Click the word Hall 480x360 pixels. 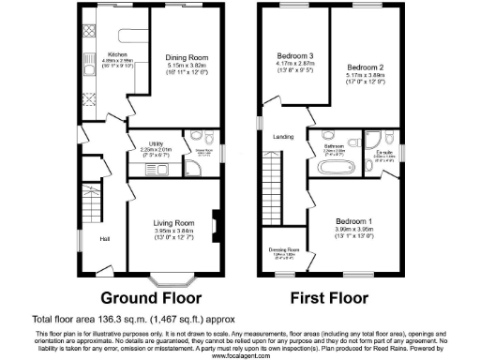pyautogui.click(x=105, y=237)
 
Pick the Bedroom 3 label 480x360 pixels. pyautogui.click(x=292, y=55)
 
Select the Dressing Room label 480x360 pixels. pyautogui.click(x=287, y=250)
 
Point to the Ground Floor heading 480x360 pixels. pyautogui.click(x=151, y=299)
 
